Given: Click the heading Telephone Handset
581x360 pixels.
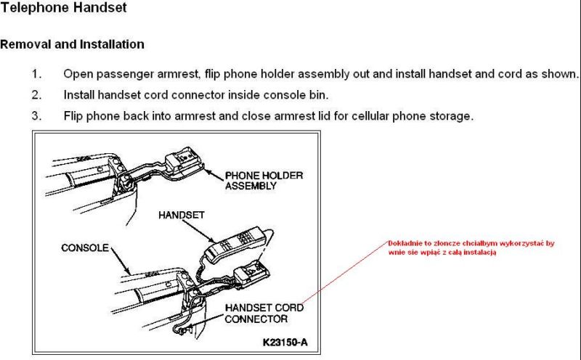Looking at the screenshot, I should click(63, 9).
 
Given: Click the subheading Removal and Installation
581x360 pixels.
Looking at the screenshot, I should click(72, 44).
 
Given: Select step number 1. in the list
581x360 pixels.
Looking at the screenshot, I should click(36, 74).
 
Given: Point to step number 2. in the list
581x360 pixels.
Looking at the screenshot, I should click(36, 94).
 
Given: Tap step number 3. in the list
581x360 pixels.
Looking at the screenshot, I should click(36, 115).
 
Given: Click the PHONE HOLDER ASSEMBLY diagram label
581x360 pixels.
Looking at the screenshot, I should click(264, 180).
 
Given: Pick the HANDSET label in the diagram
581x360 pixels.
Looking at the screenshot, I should click(182, 216).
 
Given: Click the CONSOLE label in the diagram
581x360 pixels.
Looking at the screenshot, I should click(84, 248).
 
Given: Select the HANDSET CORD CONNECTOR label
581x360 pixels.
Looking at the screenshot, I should click(264, 313).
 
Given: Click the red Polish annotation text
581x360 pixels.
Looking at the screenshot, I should click(469, 247).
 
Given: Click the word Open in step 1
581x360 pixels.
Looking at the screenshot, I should click(77, 74).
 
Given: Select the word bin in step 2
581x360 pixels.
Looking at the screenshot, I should click(320, 94).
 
